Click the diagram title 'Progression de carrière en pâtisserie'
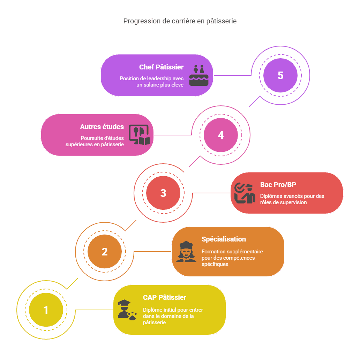click(x=180, y=21)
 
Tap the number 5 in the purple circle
click(x=280, y=75)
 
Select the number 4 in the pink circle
click(x=221, y=135)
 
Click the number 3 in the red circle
click(x=163, y=193)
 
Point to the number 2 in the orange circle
click(x=105, y=252)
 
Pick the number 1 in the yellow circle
click(x=46, y=310)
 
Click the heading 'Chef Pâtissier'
click(x=161, y=67)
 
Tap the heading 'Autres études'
click(x=102, y=127)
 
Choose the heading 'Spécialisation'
click(x=224, y=239)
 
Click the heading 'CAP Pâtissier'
click(x=165, y=297)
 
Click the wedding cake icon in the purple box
click(x=199, y=75)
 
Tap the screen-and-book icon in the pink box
click(x=139, y=135)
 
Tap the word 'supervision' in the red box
click(x=294, y=202)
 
